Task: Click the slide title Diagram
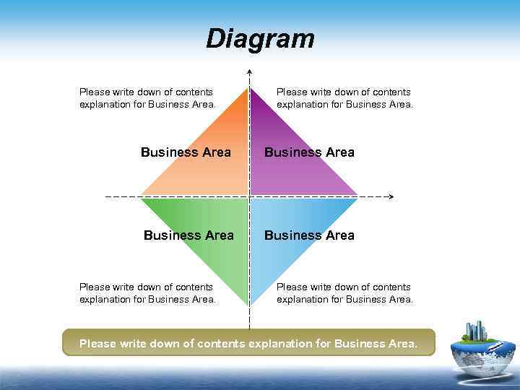(260, 38)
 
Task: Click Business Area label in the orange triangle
(186, 152)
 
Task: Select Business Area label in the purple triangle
(309, 152)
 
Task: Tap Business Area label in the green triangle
(188, 235)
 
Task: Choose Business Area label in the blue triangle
(309, 235)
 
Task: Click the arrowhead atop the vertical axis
(249, 71)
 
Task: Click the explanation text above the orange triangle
(147, 98)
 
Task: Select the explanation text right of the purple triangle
(344, 98)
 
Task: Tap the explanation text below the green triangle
(147, 293)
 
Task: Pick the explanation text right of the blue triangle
(344, 293)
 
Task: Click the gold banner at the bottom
(249, 343)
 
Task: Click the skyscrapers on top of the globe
(476, 331)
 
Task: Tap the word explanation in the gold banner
(283, 344)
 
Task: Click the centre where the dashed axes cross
(249, 196)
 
